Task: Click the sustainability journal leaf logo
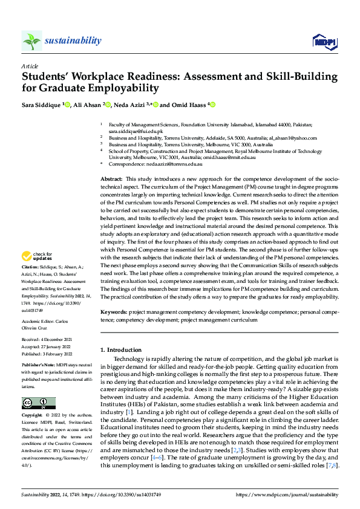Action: (x=31, y=41)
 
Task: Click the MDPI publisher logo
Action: (x=324, y=41)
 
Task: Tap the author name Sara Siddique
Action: (x=41, y=105)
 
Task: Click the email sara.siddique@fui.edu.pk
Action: (x=136, y=131)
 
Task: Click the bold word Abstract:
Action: (x=111, y=180)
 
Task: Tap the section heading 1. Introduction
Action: (x=120, y=350)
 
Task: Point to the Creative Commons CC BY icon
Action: (x=38, y=403)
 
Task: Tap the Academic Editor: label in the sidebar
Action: (x=39, y=322)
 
